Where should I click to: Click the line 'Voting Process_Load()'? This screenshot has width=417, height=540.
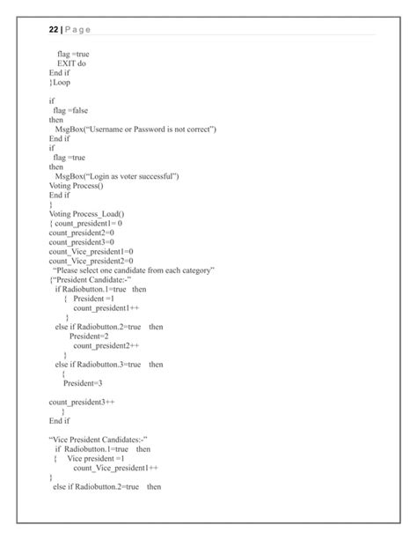tap(86, 213)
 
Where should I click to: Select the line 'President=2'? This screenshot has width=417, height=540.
tap(89, 336)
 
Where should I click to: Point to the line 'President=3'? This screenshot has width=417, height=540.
tap(83, 382)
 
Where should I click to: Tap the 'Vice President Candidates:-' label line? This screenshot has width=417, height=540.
tap(98, 439)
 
